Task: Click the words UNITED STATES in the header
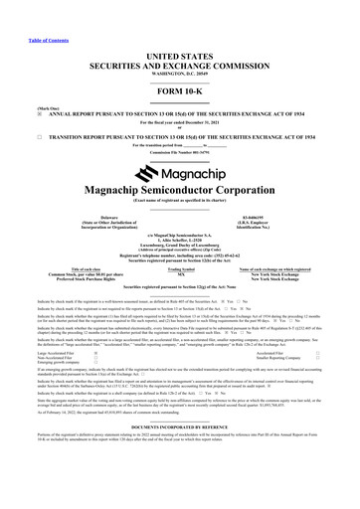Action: point(180,35)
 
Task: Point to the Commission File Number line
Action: point(180,150)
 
